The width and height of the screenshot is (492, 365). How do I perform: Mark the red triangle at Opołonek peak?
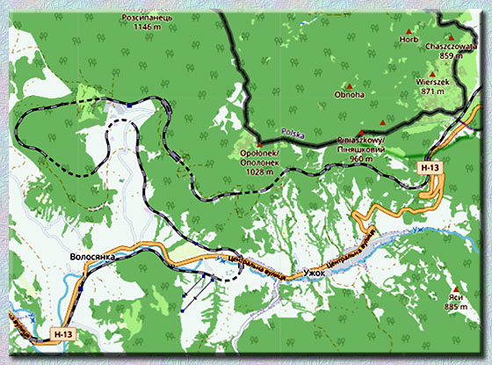click(259, 143)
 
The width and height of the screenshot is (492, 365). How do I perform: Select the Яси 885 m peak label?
click(455, 303)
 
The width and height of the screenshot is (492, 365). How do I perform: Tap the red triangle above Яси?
click(455, 288)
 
